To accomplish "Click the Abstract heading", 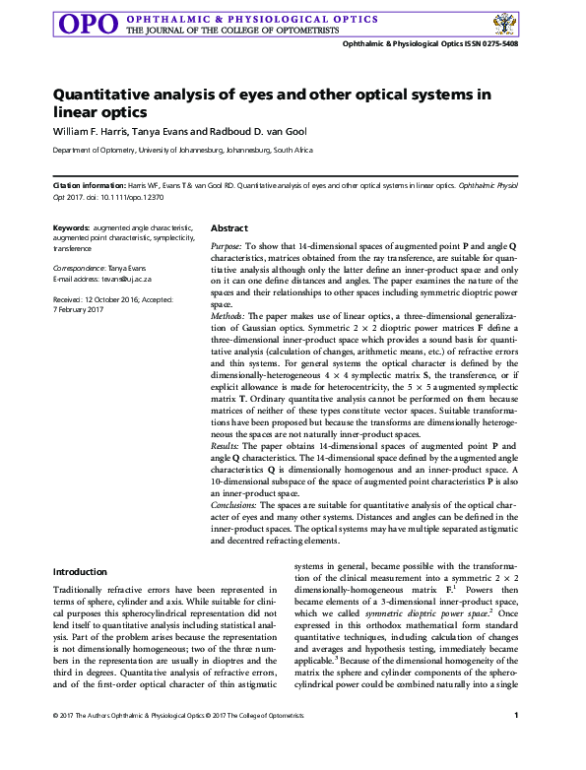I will [x=229, y=227].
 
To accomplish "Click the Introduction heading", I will [x=80, y=571].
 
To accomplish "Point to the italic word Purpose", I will [x=228, y=243].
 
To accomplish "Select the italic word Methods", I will [x=229, y=314].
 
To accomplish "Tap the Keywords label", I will [x=71, y=227].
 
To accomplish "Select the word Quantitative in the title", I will [x=99, y=95].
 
